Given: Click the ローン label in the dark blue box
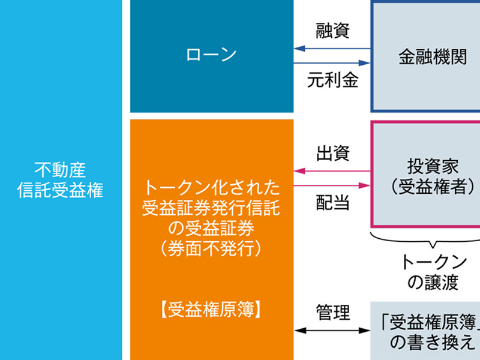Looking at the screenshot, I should pos(211,55).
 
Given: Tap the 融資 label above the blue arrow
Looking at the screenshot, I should pos(332,31).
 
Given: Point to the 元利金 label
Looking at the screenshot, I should pos(332,80).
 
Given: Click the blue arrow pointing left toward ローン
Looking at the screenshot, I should pos(332,49).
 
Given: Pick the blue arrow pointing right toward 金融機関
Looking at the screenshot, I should pos(332,62).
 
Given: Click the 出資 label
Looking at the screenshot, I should pos(332,154).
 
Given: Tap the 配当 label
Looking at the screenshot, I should pos(332,203).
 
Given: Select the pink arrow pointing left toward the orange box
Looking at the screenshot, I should pos(332,172).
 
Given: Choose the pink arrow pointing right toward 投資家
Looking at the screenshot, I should pos(332,185).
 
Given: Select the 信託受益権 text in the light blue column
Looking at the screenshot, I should pos(60,191).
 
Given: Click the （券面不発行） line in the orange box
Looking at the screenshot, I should pos(211,247).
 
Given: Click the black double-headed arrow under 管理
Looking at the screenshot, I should pos(332,330).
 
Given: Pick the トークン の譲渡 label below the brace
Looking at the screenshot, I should pos(433,272).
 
